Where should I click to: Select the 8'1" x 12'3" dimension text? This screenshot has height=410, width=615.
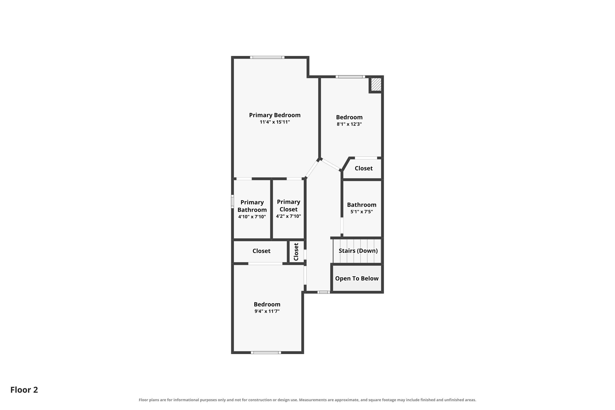tap(349, 124)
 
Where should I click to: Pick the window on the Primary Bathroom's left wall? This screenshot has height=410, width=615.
tap(232, 202)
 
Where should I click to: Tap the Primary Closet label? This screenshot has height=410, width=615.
tap(288, 206)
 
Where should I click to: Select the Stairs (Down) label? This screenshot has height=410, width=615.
tap(358, 251)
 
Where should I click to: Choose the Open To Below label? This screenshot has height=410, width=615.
tap(357, 278)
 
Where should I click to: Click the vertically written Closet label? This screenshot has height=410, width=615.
tap(296, 252)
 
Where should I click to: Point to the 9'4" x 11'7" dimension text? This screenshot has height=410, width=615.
tap(267, 311)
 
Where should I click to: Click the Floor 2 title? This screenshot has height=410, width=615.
tap(24, 390)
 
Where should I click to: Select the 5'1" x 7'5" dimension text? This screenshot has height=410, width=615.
tap(362, 212)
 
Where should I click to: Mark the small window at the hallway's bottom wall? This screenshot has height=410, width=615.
tap(323, 292)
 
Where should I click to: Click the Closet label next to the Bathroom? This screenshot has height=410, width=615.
tap(363, 168)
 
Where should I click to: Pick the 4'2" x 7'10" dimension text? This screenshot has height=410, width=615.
tap(288, 216)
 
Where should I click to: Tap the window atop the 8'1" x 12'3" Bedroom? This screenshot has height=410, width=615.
tap(350, 77)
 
